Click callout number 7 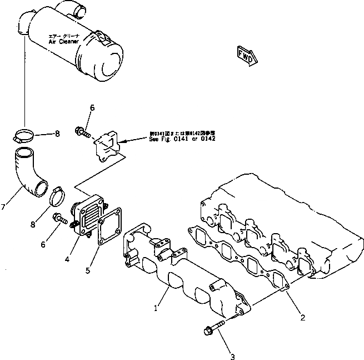pyautogui.click(x=4, y=207)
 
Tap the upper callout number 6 pyautogui.click(x=92, y=108)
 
